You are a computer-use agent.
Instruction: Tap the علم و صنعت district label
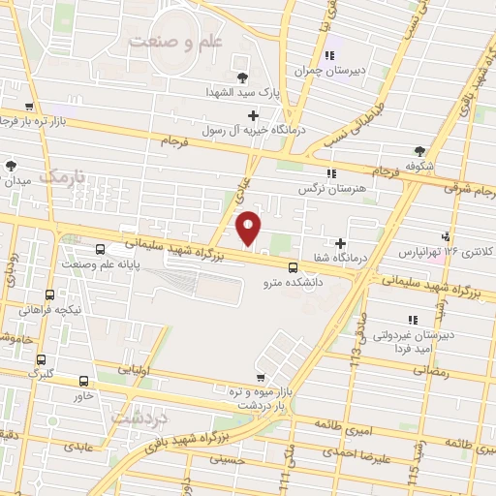(x=170, y=42)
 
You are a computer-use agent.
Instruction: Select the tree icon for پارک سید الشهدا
(x=242, y=77)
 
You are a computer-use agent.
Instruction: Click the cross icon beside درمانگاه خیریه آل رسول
(x=253, y=115)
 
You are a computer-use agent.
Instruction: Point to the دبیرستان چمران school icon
(x=330, y=55)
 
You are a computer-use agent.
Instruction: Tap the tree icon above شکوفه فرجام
(x=418, y=150)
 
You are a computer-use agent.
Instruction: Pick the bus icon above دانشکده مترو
(x=293, y=269)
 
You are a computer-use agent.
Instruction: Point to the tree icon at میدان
(x=12, y=166)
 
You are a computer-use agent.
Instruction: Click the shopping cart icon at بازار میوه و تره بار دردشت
(x=259, y=377)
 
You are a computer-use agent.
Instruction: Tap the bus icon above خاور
(x=83, y=382)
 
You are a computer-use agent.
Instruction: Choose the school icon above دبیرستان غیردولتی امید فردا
(x=413, y=319)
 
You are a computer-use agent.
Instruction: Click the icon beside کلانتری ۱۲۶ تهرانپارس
(x=446, y=235)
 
